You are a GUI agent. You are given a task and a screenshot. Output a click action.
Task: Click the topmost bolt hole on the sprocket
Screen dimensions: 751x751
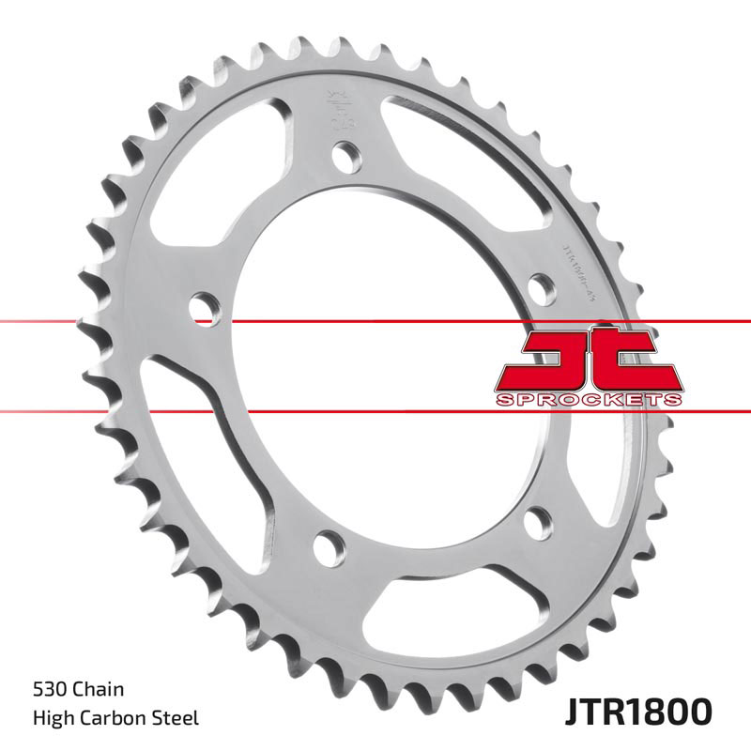click(x=345, y=153)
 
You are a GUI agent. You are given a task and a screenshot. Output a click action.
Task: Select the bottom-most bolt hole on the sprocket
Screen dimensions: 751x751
click(x=330, y=542)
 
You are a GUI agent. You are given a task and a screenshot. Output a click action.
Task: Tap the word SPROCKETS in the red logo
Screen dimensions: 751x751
click(x=587, y=400)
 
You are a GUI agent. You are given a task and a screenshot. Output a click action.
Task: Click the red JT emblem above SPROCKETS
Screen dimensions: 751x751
click(x=587, y=361)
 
